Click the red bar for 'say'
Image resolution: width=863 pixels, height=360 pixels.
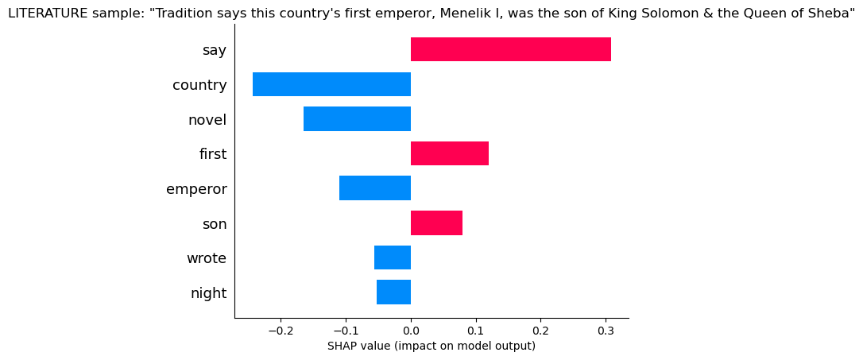(510, 49)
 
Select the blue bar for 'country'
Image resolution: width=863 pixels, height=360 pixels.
(331, 84)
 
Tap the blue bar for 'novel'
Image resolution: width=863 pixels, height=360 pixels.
(357, 119)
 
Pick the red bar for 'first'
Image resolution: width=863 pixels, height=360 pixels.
(449, 153)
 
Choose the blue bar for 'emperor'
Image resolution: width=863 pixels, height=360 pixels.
(374, 188)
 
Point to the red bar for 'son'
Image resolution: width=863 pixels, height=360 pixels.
(436, 223)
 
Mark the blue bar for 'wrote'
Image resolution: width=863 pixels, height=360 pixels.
(392, 258)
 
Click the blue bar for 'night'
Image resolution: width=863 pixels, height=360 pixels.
(393, 292)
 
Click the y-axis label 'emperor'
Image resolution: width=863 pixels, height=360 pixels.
(196, 189)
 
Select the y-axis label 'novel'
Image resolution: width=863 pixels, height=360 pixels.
(207, 120)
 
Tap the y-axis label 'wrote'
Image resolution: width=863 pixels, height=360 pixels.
(206, 258)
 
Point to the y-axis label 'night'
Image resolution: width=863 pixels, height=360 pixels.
(208, 293)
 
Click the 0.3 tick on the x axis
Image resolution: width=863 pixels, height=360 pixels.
(606, 330)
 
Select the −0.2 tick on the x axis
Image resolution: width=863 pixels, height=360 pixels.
(281, 330)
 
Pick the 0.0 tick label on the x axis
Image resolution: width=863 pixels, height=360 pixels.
(410, 330)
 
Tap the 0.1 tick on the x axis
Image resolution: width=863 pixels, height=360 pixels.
(475, 330)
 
